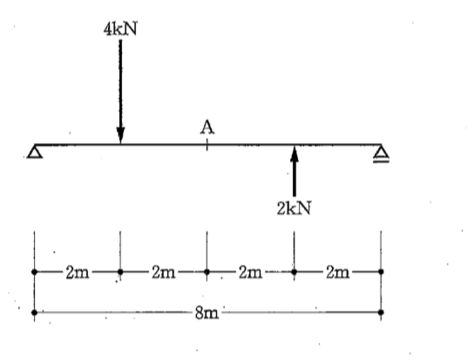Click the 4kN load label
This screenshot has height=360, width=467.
[120, 30]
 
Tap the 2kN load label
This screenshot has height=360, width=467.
[294, 207]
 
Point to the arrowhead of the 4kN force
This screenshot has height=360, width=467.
[120, 135]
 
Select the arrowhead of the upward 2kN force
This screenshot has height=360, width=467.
[294, 153]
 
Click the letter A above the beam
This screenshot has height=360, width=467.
[207, 127]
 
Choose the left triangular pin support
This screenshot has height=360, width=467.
[35, 152]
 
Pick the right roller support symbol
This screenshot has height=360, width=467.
[382, 154]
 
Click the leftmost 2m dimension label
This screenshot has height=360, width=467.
[78, 272]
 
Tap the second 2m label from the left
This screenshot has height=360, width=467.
[164, 272]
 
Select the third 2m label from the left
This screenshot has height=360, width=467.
[250, 272]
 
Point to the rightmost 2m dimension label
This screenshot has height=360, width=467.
[337, 272]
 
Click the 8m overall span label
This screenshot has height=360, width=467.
[207, 313]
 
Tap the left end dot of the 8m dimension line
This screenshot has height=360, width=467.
[35, 312]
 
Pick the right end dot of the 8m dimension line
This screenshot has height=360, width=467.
[381, 312]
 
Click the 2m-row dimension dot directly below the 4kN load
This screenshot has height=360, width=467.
[120, 272]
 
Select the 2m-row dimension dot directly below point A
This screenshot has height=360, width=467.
[207, 272]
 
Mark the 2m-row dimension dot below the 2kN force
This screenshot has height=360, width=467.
[294, 272]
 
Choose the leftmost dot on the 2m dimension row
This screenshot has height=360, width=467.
[35, 272]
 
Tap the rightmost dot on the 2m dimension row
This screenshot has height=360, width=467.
[381, 271]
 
